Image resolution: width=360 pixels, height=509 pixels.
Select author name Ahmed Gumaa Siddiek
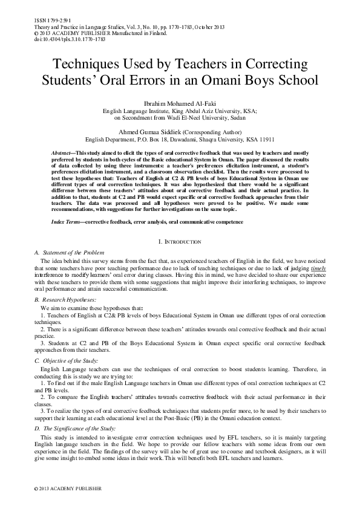[159, 131]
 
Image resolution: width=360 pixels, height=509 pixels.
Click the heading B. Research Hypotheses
[65, 300]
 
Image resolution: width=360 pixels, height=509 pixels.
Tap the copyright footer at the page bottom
[59, 487]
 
